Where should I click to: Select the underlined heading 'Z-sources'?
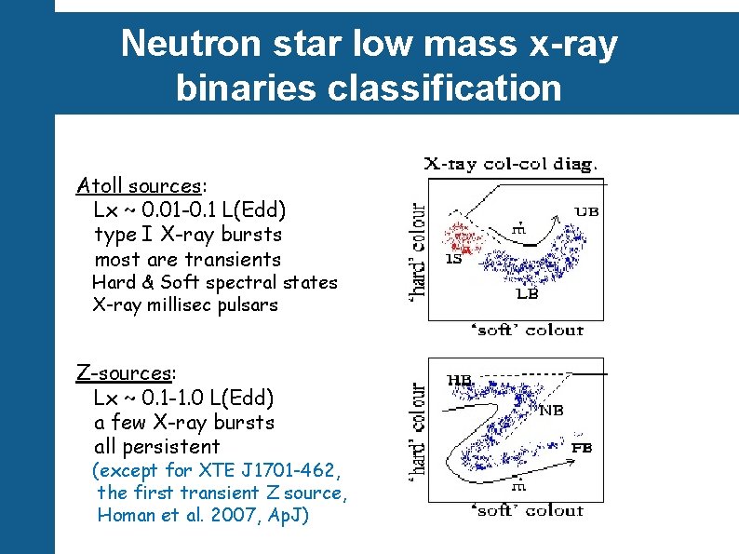[x=124, y=373]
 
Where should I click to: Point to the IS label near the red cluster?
[x=454, y=260]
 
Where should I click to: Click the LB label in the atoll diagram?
[x=527, y=294]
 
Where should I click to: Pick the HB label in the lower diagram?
[x=460, y=380]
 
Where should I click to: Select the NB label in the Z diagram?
[x=550, y=409]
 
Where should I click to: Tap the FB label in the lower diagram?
[x=582, y=448]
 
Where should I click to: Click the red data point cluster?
[x=468, y=238]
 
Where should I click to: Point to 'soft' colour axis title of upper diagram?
[x=530, y=330]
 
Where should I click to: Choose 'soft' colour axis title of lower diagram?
[x=530, y=510]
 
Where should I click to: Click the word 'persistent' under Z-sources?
[x=174, y=446]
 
